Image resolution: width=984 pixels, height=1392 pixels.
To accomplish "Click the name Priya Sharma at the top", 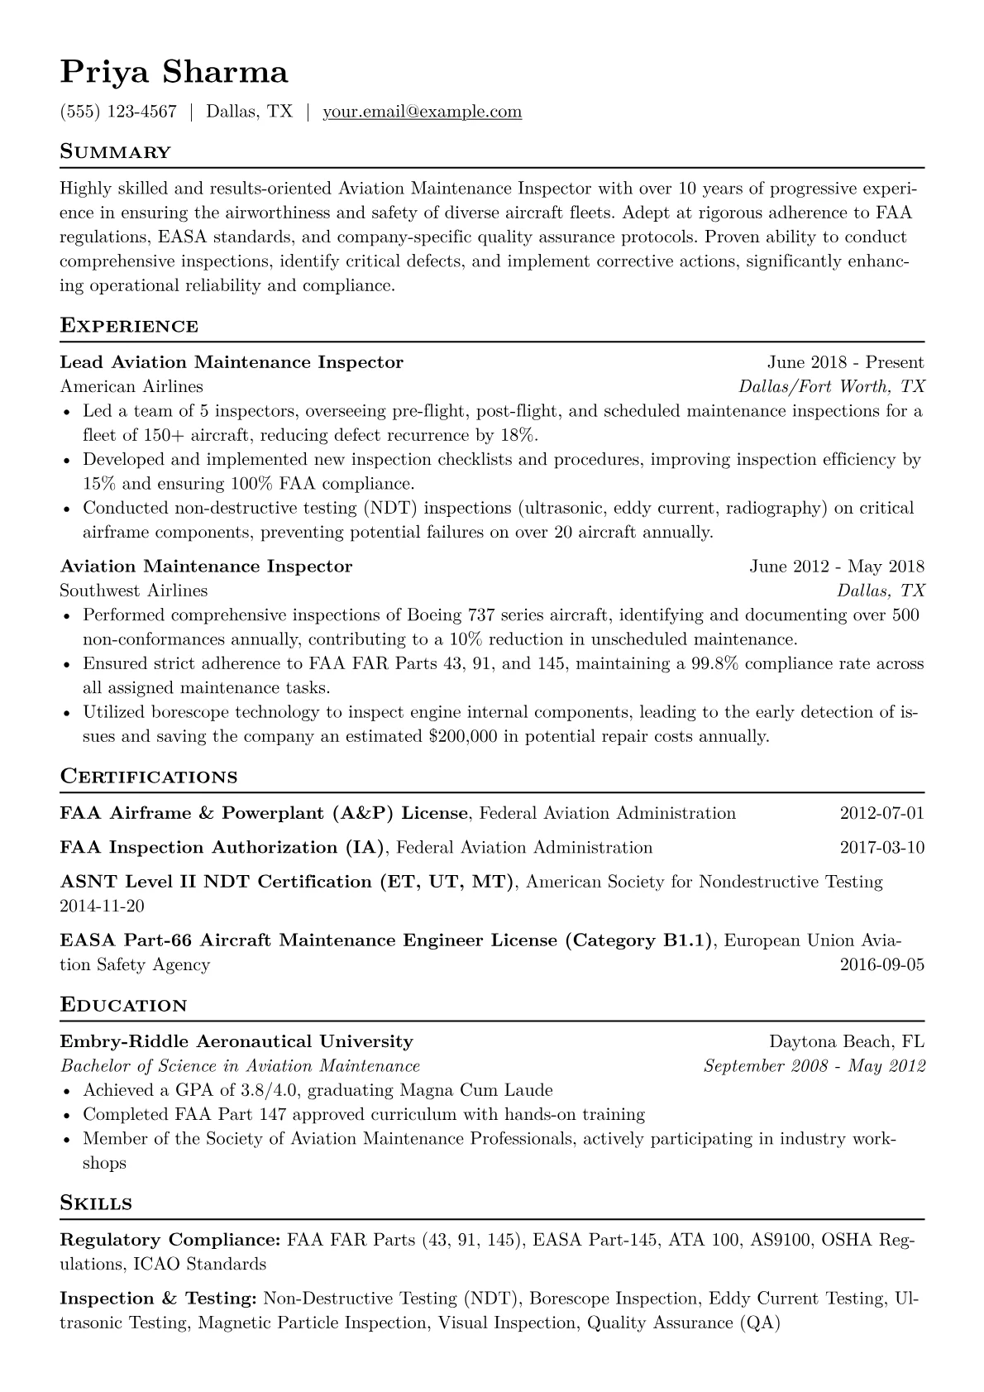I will pyautogui.click(x=174, y=73).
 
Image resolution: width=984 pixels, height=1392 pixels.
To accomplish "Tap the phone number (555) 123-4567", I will pyautogui.click(x=118, y=112).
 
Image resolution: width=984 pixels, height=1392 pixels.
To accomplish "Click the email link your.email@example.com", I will pyautogui.click(x=422, y=112).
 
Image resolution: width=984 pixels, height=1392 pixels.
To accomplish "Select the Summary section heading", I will pyautogui.click(x=115, y=152).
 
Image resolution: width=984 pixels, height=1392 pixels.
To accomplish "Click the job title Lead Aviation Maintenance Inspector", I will pyautogui.click(x=232, y=362).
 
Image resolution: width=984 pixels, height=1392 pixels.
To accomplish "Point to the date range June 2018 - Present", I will pyautogui.click(x=845, y=362).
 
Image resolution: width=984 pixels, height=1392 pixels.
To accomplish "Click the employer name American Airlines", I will pyautogui.click(x=131, y=386).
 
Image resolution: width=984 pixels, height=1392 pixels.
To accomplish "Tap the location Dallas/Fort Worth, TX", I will pyautogui.click(x=831, y=386).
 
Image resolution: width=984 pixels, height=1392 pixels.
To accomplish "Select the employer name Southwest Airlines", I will pyautogui.click(x=134, y=591).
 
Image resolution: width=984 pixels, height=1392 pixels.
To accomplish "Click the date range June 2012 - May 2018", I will pyautogui.click(x=836, y=567).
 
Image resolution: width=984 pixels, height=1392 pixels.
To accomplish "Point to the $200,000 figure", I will pyautogui.click(x=463, y=736).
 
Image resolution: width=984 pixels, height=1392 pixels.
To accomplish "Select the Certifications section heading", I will pyautogui.click(x=149, y=777).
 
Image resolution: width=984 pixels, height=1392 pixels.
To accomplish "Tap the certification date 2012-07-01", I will pyautogui.click(x=881, y=813).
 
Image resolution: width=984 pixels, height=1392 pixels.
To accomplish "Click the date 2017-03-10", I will pyautogui.click(x=881, y=848).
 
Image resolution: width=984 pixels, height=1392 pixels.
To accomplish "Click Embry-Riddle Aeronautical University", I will pyautogui.click(x=236, y=1041).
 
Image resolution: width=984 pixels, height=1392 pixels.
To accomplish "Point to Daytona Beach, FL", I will pyautogui.click(x=847, y=1041).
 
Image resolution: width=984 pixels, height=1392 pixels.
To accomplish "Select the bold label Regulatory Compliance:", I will pyautogui.click(x=170, y=1240).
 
